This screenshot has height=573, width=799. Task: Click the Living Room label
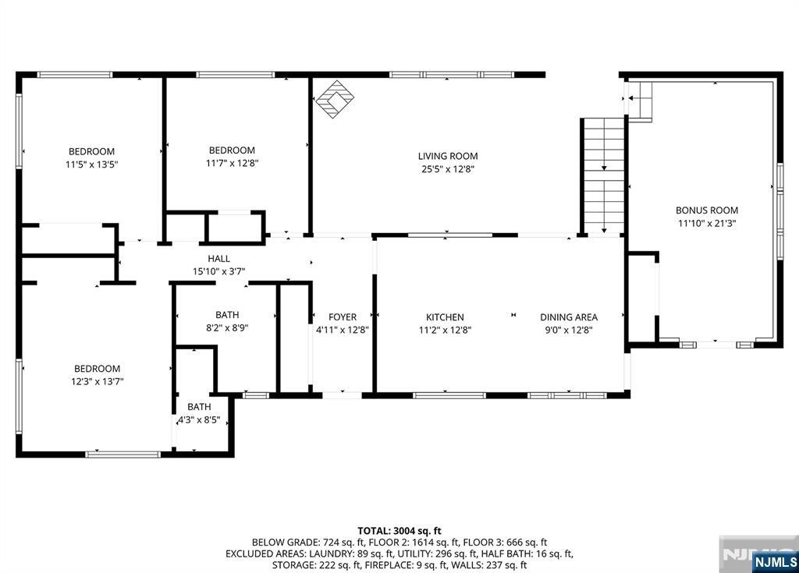tap(448, 157)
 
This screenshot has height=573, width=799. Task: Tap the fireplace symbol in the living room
tap(335, 99)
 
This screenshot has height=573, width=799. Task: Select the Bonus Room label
tap(707, 210)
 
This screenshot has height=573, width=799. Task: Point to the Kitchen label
tap(445, 317)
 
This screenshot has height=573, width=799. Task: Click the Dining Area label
tap(569, 317)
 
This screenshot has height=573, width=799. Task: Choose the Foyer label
tap(343, 317)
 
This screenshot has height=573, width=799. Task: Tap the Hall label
tap(218, 259)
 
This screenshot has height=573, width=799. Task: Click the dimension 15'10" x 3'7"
tap(218, 272)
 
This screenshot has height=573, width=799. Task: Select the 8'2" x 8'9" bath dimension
tap(227, 328)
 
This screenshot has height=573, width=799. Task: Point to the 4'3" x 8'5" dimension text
tap(199, 420)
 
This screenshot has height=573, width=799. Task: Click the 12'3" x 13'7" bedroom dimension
tap(98, 381)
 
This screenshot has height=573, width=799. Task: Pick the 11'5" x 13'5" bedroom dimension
tap(92, 164)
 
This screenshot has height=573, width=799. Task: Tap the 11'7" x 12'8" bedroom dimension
tap(232, 164)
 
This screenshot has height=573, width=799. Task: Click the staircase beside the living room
tap(604, 176)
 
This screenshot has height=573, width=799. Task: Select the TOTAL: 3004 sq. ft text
tap(399, 531)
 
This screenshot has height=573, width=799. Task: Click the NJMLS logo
tap(775, 561)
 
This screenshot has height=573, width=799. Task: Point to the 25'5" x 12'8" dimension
tap(448, 169)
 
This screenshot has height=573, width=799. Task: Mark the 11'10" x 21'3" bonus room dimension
tap(707, 223)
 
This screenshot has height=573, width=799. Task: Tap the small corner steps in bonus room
tap(640, 101)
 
